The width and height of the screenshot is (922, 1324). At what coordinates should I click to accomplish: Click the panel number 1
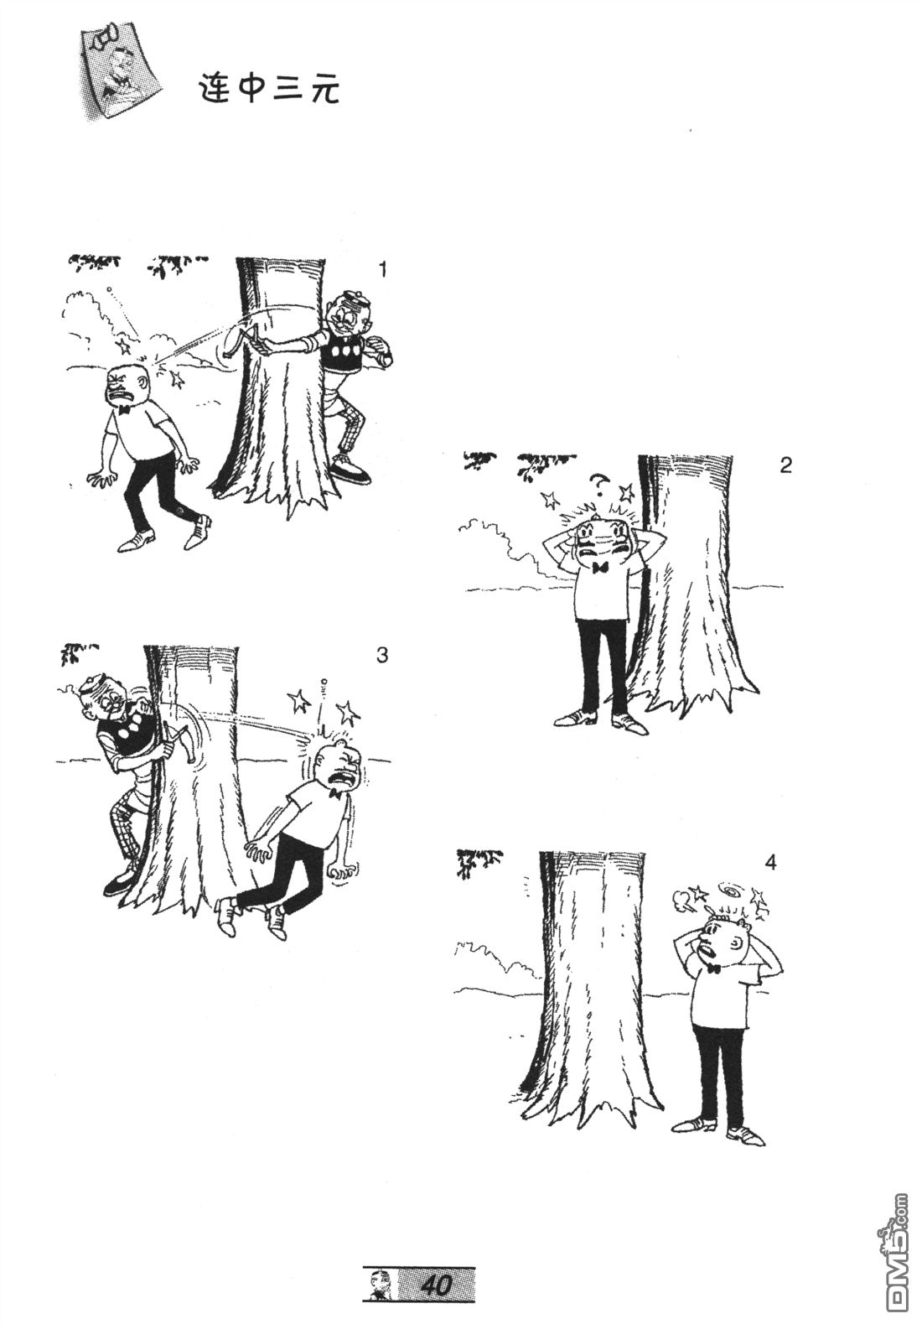pos(383,270)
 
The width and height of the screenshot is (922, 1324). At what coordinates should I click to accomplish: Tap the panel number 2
pos(785,465)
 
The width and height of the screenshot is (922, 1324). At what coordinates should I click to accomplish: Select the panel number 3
pos(382,655)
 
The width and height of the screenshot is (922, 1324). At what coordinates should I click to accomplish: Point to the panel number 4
pos(769,863)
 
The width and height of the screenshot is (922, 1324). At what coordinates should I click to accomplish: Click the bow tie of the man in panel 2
pos(601,568)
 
